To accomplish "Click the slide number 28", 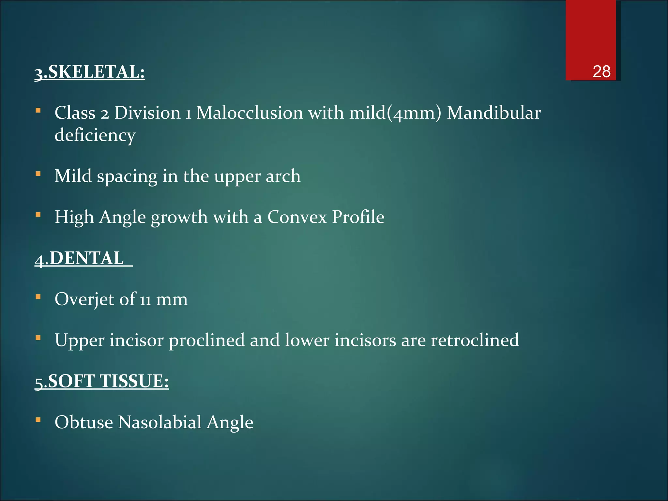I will [x=601, y=71].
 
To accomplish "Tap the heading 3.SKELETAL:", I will [x=90, y=72].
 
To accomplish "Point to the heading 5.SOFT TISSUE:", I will [x=102, y=381].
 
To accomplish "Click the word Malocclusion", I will [x=250, y=113].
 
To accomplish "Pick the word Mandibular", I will [x=493, y=113].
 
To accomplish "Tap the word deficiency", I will [x=95, y=135].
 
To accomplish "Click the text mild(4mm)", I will [x=395, y=113].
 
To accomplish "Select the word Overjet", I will [x=84, y=299].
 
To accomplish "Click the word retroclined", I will [x=475, y=340].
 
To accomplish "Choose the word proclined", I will [x=206, y=340].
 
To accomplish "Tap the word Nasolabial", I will [x=160, y=422].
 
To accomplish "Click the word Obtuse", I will [x=84, y=422].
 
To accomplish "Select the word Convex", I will [x=297, y=217].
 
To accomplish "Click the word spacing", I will [x=127, y=177].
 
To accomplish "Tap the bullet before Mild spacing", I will [x=38, y=174].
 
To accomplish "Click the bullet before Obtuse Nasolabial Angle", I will [x=38, y=420].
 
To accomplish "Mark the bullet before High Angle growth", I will [x=38, y=215].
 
